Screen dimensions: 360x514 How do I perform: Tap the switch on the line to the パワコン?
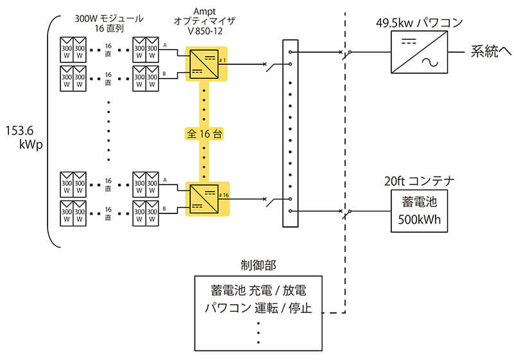346,52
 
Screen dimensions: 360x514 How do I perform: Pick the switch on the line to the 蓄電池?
346,211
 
